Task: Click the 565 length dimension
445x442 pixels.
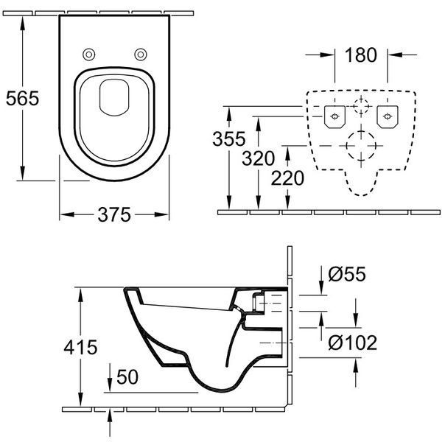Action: point(22,99)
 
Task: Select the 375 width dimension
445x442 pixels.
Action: point(114,214)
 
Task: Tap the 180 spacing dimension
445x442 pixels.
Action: point(361,55)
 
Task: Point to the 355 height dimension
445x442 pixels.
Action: point(228,138)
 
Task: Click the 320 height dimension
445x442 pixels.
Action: point(258,158)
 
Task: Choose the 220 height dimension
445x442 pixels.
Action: point(287,178)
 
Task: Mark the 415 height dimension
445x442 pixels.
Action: point(80,347)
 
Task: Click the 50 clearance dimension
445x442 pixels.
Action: point(127,377)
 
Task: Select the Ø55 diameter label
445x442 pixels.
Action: point(347,274)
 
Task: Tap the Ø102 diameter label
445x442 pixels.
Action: point(352,343)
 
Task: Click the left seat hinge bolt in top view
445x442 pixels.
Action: point(89,55)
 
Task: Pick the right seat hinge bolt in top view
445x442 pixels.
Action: point(141,55)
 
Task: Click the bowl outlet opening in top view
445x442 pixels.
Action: point(114,97)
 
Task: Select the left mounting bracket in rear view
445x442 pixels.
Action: point(335,117)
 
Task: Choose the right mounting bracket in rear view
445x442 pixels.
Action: point(388,117)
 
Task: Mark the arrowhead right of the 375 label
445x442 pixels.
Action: point(161,214)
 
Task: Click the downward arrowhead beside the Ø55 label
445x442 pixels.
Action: point(321,288)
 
